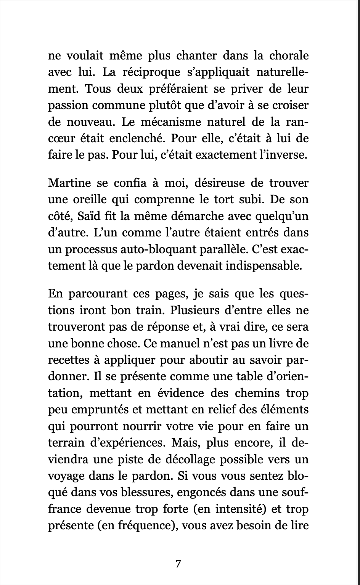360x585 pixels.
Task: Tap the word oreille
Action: tap(92, 199)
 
